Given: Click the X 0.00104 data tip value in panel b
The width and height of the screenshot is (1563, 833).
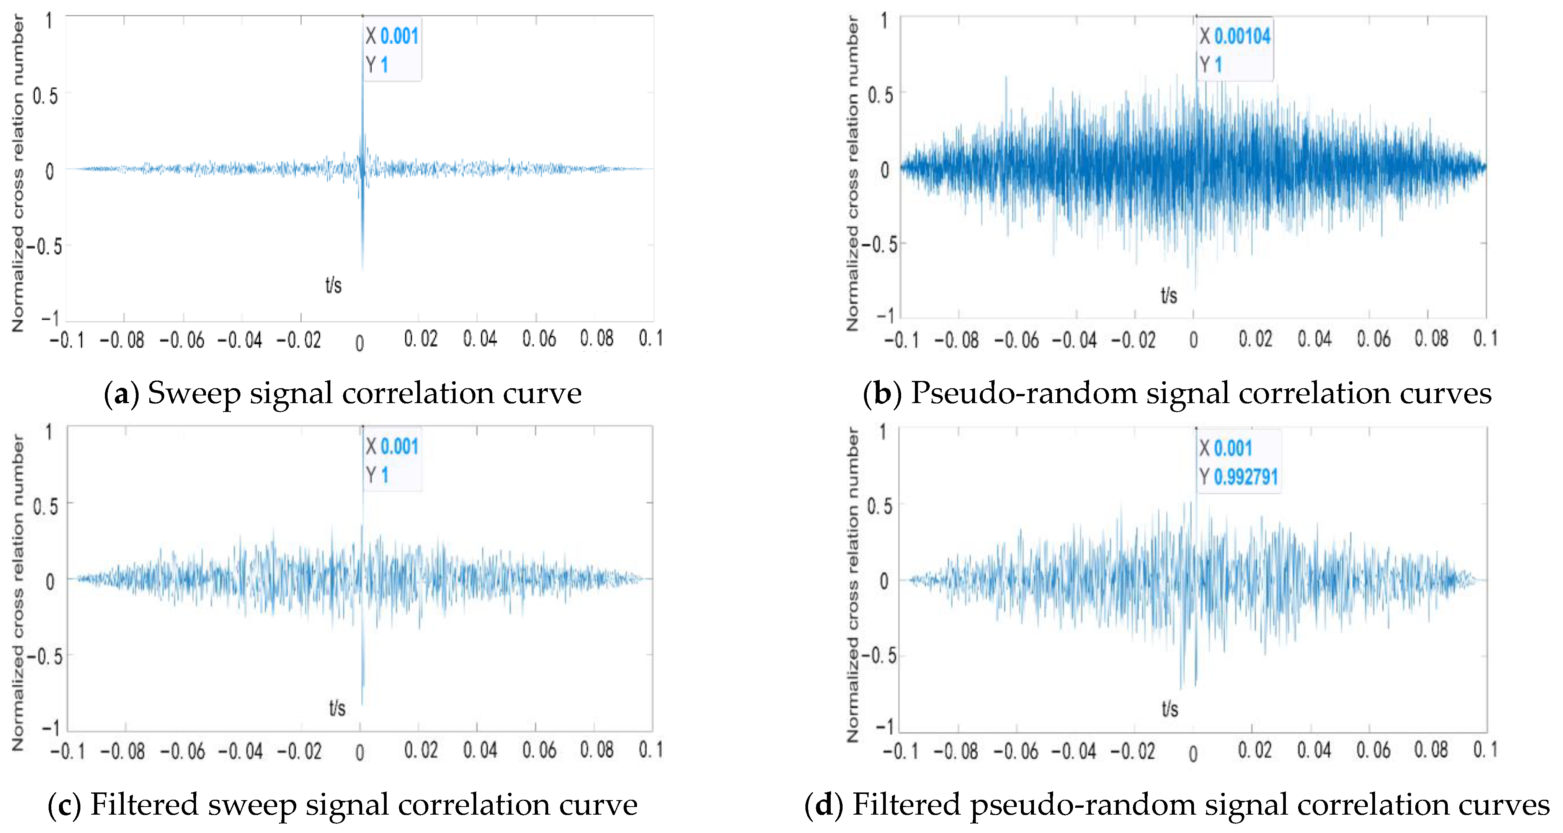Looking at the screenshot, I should tap(1241, 36).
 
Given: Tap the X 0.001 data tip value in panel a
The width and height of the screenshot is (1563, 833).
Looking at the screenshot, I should tap(399, 36).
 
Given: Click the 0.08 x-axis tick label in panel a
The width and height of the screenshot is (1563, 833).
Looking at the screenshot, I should tap(596, 338).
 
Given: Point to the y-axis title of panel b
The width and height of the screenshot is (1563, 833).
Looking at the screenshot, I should tap(853, 173).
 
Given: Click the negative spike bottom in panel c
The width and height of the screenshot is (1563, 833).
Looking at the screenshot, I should tap(362, 703).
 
